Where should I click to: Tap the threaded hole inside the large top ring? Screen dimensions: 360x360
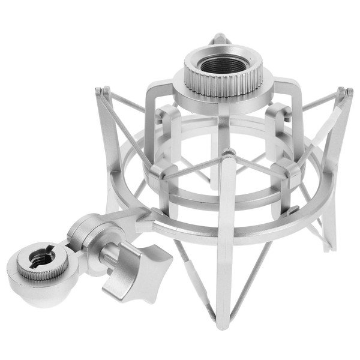click(x=223, y=63)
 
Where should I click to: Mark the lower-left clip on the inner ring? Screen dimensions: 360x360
click(x=157, y=174)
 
